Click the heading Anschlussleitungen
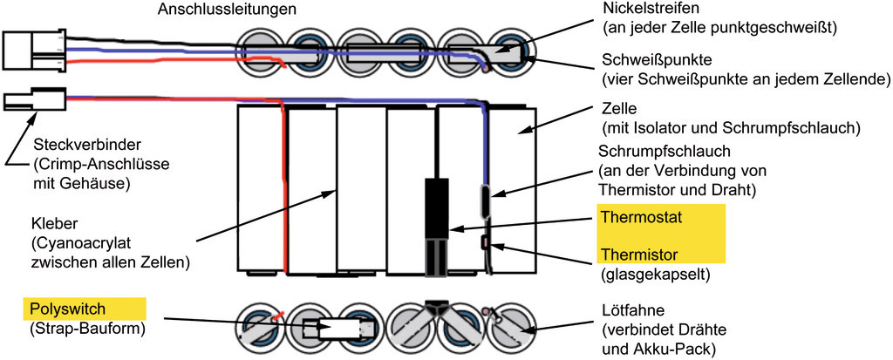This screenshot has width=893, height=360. [x=228, y=10]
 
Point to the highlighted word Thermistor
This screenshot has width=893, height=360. [x=635, y=255]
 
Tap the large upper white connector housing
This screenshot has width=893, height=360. [x=33, y=50]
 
